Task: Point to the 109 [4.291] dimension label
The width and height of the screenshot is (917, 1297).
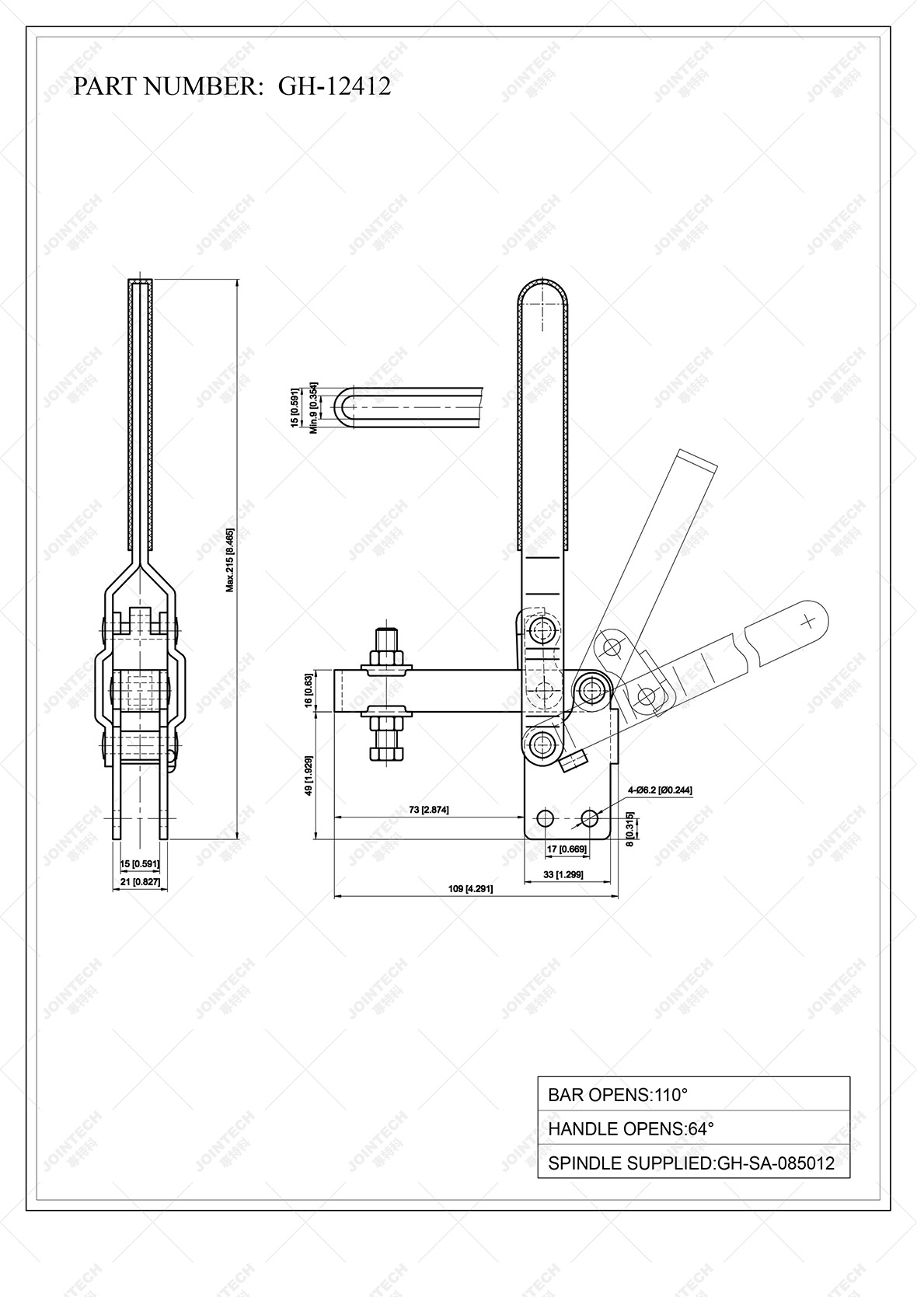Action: [471, 888]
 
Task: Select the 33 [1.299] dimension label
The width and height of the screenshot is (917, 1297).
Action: [564, 874]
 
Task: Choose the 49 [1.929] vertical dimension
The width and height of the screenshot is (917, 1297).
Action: [309, 775]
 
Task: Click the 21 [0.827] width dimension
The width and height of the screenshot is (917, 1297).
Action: [141, 882]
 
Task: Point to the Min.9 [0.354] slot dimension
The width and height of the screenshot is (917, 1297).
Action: [313, 407]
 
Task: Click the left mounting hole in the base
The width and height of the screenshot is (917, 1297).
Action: [546, 818]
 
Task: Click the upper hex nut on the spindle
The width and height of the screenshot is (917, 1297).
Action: [386, 657]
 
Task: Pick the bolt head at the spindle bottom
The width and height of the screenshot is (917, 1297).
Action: [386, 753]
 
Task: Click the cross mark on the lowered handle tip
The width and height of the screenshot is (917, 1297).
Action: [808, 620]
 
